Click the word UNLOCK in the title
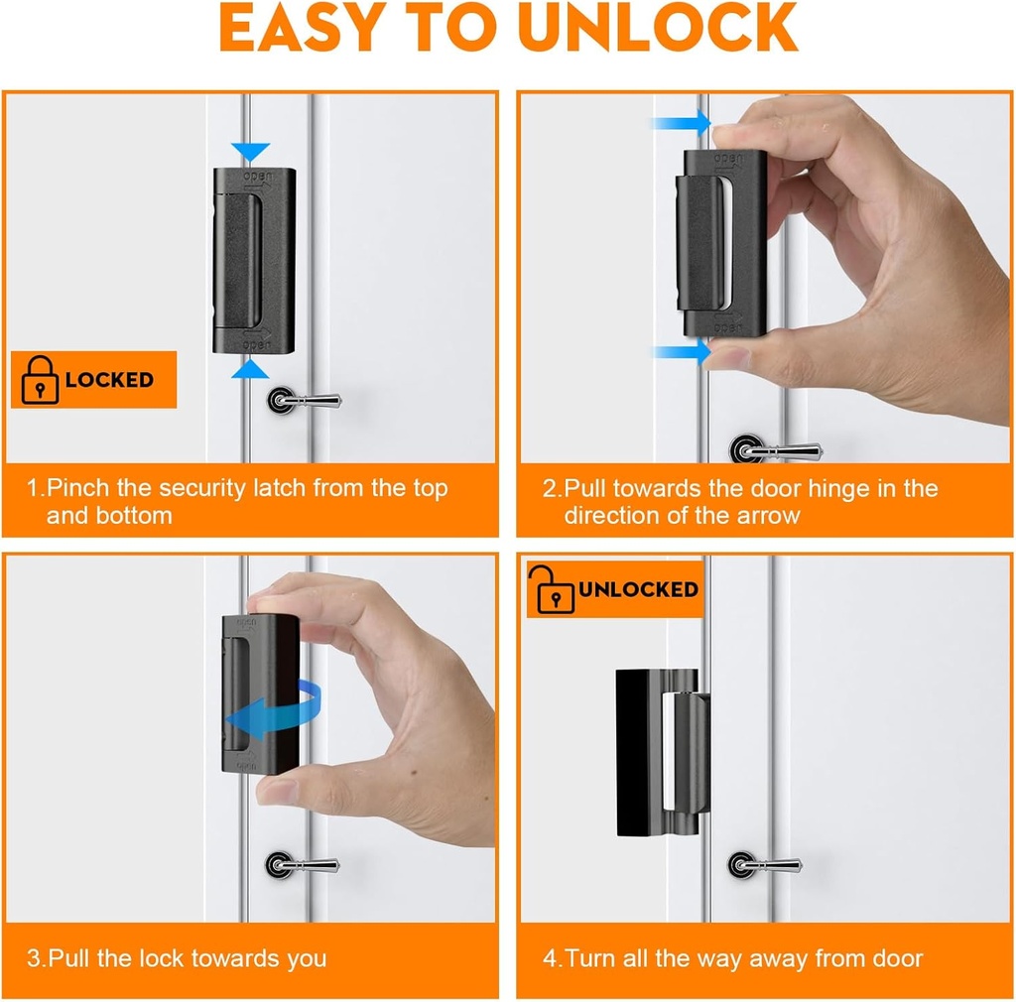click(x=657, y=29)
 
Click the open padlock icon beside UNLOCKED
click(x=555, y=589)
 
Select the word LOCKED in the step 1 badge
click(x=109, y=380)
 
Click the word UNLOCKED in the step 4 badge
click(x=639, y=589)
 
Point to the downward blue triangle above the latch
click(x=253, y=152)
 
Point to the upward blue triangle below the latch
click(x=253, y=369)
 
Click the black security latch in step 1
click(x=253, y=260)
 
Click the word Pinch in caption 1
click(x=77, y=488)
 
